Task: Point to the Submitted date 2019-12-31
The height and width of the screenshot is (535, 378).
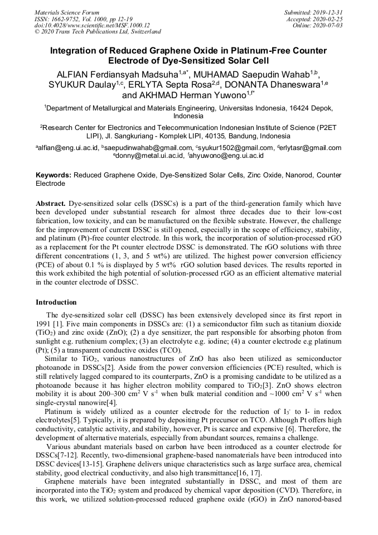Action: click(327, 12)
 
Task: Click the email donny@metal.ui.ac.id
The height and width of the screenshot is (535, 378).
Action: click(151, 156)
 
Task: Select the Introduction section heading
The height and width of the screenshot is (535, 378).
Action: click(56, 302)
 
